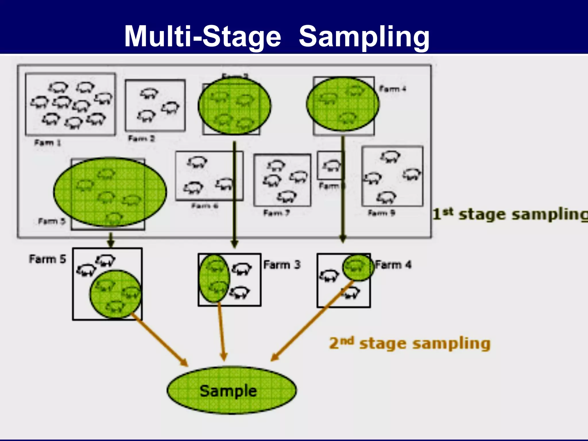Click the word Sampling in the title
364,36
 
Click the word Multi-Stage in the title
202,36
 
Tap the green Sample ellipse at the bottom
231,390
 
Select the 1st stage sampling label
510,214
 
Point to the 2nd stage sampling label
410,343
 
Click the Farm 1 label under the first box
48,143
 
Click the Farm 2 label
141,139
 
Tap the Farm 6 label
205,206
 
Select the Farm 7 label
276,213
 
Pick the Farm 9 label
382,213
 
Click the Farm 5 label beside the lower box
48,259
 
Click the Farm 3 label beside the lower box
282,264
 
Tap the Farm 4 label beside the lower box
393,264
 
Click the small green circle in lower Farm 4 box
358,268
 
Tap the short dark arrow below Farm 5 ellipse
111,239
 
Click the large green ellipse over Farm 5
110,192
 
